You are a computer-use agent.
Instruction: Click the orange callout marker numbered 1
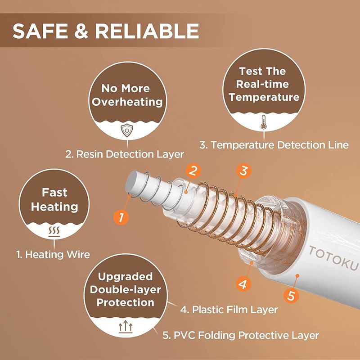coord(121,216)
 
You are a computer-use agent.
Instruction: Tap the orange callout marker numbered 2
coord(193,171)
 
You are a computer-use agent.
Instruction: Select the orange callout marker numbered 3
coord(244,171)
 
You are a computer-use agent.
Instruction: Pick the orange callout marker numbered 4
coord(243,284)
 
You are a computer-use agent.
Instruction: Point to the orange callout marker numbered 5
coord(291,295)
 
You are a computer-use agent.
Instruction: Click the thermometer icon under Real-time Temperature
coord(263,122)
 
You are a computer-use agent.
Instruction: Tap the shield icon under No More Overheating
coord(127,130)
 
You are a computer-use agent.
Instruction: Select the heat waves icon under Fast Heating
coord(54,231)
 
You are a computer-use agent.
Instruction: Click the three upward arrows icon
coord(126,327)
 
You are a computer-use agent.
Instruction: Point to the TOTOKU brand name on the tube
coord(333,257)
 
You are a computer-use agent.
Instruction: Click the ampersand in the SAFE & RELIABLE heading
coord(81,31)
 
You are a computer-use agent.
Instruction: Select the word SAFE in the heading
coord(40,31)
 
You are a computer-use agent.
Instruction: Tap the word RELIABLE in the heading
coord(147,31)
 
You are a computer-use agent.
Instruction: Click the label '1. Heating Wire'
coord(53,254)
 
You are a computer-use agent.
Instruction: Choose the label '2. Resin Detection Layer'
coord(125,154)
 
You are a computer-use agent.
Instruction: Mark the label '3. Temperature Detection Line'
coord(274,145)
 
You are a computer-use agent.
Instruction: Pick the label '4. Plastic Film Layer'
coord(229,310)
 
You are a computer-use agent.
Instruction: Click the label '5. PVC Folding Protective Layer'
coord(241,335)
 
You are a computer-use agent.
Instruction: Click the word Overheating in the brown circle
coord(127,102)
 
